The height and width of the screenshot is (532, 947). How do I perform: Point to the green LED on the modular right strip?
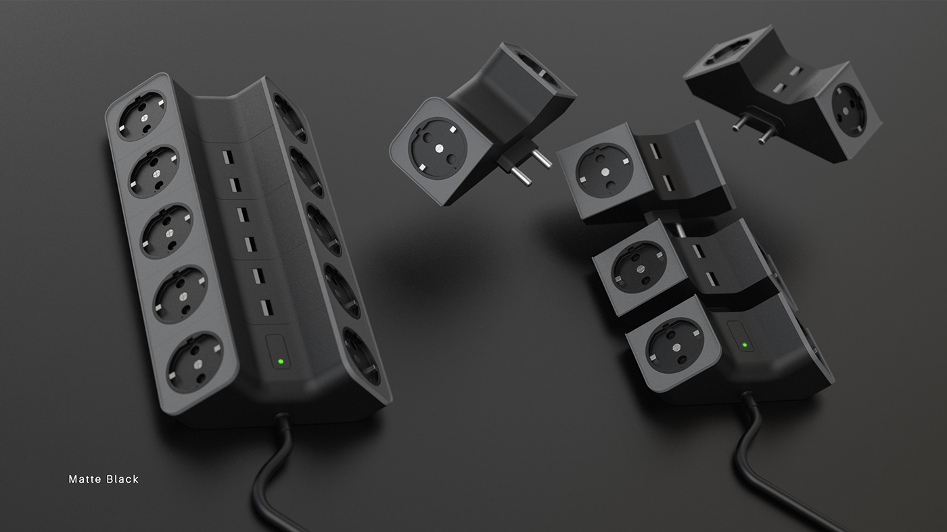(744, 345)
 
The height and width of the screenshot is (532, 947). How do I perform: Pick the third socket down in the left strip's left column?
(166, 226)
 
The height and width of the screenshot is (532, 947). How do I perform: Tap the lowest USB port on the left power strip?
(266, 307)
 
